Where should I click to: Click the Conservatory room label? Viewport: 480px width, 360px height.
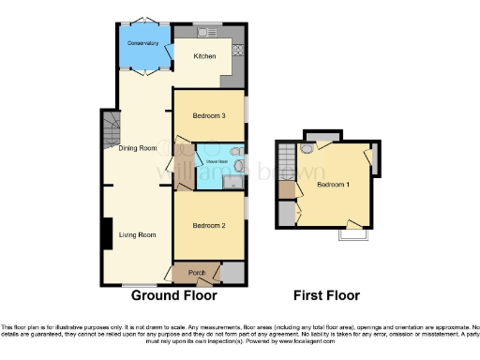pyautogui.click(x=142, y=43)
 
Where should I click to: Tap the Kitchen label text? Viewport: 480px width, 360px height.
pyautogui.click(x=204, y=56)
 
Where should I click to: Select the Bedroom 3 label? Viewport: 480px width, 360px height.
pyautogui.click(x=208, y=115)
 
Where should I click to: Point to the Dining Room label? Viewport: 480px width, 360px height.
pyautogui.click(x=137, y=148)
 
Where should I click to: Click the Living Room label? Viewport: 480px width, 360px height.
pyautogui.click(x=138, y=234)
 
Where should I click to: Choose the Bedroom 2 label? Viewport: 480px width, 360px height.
pyautogui.click(x=208, y=226)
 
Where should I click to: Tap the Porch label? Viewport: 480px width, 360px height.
pyautogui.click(x=197, y=273)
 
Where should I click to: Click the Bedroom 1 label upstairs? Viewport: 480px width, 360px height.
pyautogui.click(x=334, y=185)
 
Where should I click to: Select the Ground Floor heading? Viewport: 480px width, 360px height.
pyautogui.click(x=173, y=295)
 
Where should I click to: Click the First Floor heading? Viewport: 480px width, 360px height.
pyautogui.click(x=326, y=295)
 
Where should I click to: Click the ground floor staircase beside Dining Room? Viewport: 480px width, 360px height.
pyautogui.click(x=111, y=126)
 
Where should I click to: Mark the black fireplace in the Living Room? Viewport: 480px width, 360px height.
pyautogui.click(x=108, y=233)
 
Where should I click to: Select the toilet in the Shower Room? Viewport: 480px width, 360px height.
pyautogui.click(x=238, y=168)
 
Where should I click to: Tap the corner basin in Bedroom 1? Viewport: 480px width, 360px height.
pyautogui.click(x=307, y=148)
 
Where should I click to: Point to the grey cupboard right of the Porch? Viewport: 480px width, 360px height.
pyautogui.click(x=232, y=273)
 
